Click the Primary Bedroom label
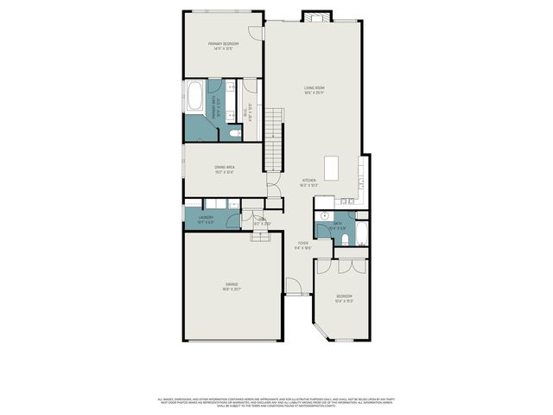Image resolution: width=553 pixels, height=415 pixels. pyautogui.click(x=223, y=46)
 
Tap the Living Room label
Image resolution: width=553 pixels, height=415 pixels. pyautogui.click(x=313, y=89)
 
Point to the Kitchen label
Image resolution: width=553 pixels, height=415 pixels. pyautogui.click(x=308, y=182)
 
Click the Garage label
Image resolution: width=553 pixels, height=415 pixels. pyautogui.click(x=232, y=286)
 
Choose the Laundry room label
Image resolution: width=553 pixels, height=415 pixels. pyautogui.click(x=206, y=220)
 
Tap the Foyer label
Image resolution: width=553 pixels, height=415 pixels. pyautogui.click(x=303, y=245)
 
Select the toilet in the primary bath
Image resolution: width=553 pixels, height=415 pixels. pyautogui.click(x=234, y=132)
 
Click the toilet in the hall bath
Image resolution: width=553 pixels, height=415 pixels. pyautogui.click(x=344, y=238)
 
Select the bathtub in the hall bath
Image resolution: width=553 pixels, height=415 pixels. pyautogui.click(x=361, y=234)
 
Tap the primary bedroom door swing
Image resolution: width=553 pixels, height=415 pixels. pyautogui.click(x=256, y=32)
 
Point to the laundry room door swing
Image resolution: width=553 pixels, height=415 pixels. pyautogui.click(x=234, y=205)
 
